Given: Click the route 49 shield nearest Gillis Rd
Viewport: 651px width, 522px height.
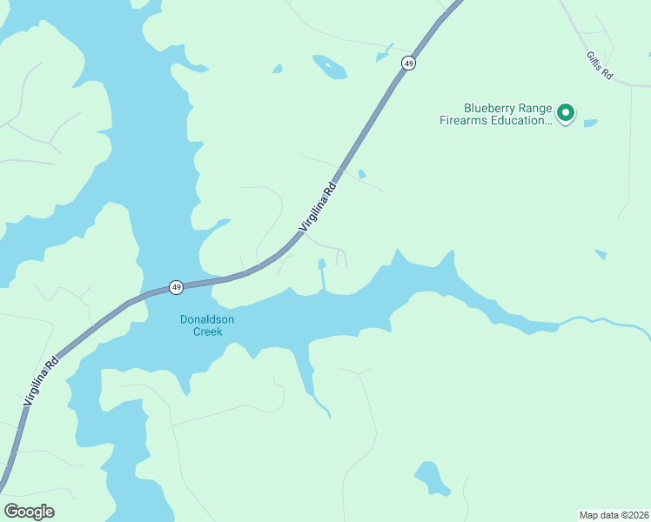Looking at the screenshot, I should (408, 63).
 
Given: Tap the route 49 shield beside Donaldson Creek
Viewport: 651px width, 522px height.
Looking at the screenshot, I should (176, 286).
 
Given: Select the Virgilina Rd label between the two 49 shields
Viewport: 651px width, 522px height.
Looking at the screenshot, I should (317, 207).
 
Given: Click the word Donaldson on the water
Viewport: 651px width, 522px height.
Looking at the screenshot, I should (207, 319).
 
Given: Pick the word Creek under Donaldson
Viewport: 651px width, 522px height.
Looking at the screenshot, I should (207, 331).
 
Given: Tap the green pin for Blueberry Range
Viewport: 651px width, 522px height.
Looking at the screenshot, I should (566, 112).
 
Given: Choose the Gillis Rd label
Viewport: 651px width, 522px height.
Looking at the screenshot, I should (600, 66).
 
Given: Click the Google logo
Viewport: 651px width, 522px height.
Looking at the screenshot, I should (29, 512).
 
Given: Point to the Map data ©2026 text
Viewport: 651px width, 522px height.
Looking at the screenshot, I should (614, 514).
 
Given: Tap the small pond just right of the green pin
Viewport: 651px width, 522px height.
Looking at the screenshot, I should (591, 123).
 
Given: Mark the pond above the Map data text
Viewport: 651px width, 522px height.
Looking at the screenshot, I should (429, 476).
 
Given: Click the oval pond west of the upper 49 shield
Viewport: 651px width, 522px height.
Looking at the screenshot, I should (330, 66).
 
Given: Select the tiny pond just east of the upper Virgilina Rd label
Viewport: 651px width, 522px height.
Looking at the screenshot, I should (362, 174).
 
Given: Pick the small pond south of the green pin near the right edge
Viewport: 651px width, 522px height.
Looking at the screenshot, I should (601, 254).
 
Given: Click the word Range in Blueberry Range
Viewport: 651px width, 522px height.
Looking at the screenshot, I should (533, 108).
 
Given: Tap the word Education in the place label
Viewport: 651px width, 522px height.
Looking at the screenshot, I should (520, 121).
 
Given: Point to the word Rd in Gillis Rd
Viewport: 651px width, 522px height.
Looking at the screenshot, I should (607, 73).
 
